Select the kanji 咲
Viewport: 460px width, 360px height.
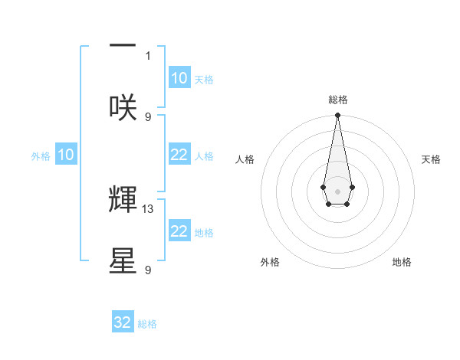pos(123,106)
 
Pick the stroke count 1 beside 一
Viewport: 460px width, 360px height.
pos(149,55)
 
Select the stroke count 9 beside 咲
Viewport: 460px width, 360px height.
pos(149,116)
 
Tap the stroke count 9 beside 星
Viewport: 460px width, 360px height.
pos(149,270)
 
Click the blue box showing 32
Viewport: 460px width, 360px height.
pos(123,322)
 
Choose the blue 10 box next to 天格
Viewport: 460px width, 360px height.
pos(179,78)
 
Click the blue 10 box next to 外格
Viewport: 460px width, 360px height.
pos(66,155)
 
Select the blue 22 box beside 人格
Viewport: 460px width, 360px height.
pos(179,155)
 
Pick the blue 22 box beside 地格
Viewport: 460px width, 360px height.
pos(179,231)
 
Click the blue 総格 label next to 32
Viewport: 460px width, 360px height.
pos(147,324)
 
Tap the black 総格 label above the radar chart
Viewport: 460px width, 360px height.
pos(337,100)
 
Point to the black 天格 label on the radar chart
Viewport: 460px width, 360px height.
pos(432,159)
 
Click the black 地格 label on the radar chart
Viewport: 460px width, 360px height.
pos(402,262)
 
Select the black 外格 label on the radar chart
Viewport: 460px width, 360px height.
pos(270,262)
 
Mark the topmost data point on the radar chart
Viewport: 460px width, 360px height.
pos(337,116)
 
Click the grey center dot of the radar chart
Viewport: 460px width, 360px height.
pos(337,191)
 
